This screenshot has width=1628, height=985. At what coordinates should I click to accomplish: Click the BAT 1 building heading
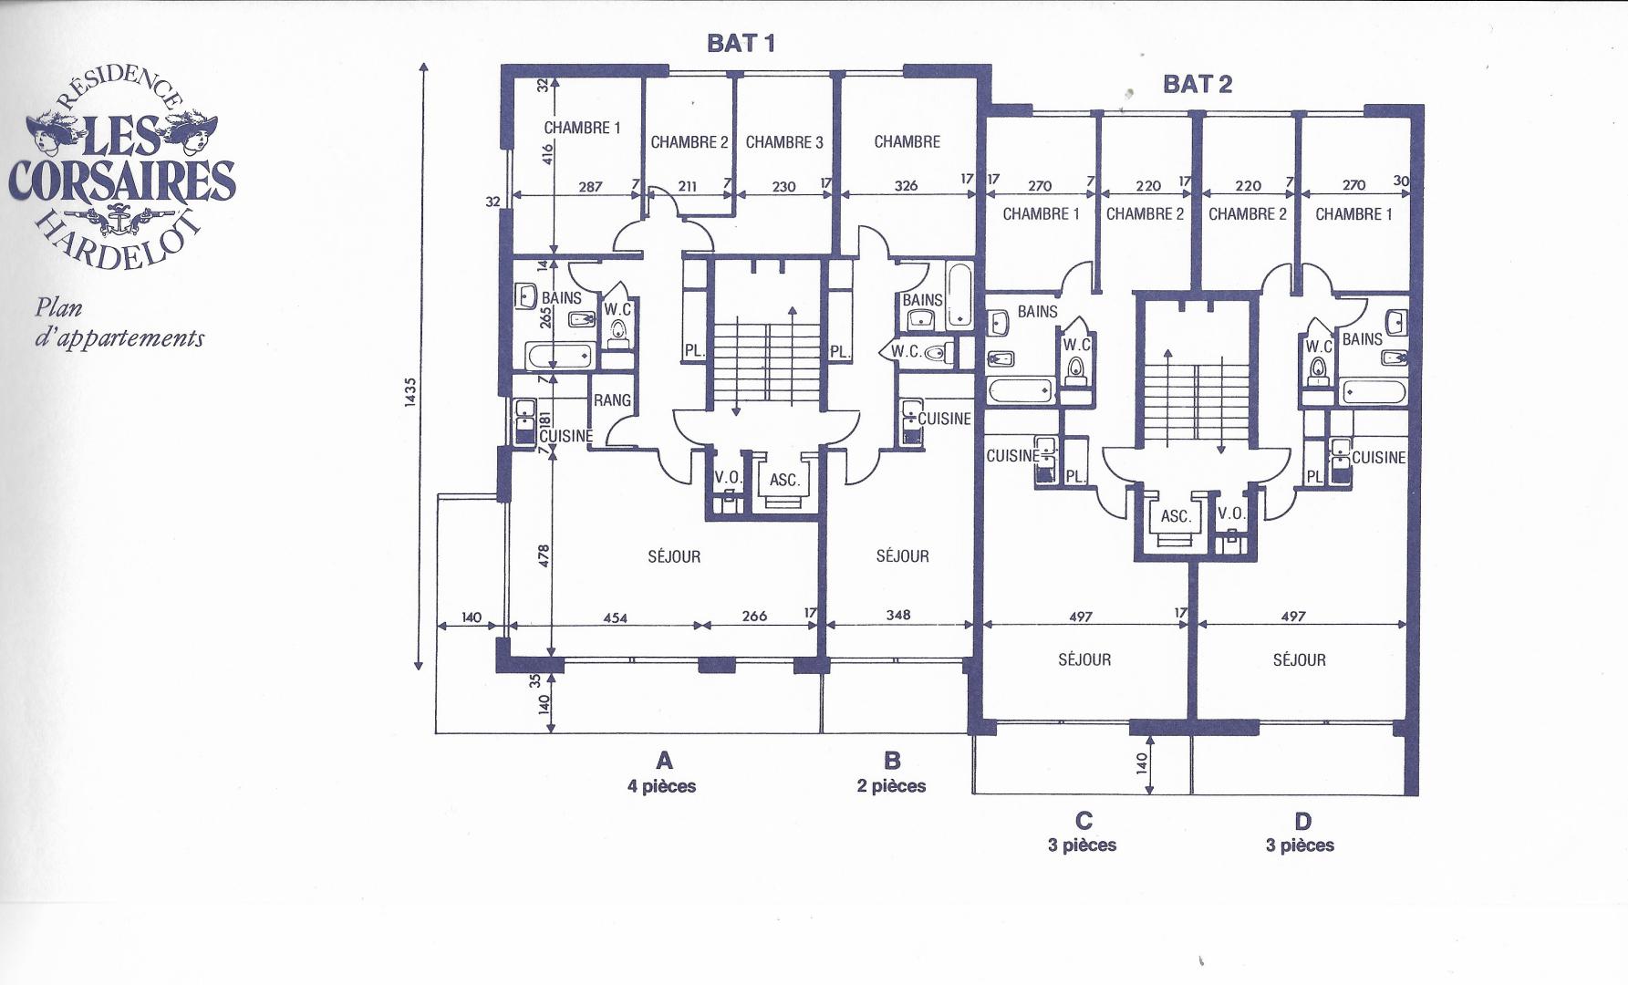[x=741, y=43]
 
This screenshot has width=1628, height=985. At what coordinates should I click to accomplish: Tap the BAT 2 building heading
[x=1198, y=84]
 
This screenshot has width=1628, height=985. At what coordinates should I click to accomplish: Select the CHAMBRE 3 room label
[x=784, y=142]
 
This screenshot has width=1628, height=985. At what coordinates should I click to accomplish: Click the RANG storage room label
[x=612, y=400]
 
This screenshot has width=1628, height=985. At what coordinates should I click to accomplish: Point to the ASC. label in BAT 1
[x=784, y=480]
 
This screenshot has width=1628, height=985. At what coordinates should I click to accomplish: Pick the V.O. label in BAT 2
[x=1231, y=513]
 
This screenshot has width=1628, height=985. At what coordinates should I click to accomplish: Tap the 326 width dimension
[x=906, y=185]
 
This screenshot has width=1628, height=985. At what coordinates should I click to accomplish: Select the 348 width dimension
[x=898, y=615]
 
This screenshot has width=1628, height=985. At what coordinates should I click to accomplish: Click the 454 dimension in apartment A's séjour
[x=616, y=617]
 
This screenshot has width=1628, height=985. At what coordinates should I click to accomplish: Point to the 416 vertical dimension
[x=547, y=153]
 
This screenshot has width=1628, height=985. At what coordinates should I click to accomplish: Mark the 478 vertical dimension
[x=544, y=555]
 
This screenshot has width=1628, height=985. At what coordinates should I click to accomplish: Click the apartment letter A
[x=664, y=761]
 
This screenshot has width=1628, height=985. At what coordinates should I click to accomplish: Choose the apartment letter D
[x=1302, y=821]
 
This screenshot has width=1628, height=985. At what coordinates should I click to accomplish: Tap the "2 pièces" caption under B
[x=891, y=786]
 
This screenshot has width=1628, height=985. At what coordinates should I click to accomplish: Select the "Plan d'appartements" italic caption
[x=119, y=323]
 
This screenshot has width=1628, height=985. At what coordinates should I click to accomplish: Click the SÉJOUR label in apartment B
[x=903, y=556]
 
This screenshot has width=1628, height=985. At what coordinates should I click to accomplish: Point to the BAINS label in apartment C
[x=1038, y=312]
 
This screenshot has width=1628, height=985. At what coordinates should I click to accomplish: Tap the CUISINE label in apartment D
[x=1379, y=458]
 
